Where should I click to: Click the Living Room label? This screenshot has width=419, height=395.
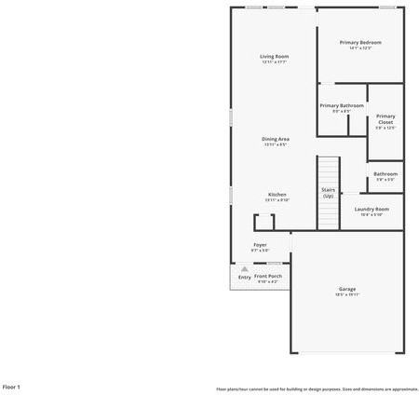pyautogui.click(x=274, y=57)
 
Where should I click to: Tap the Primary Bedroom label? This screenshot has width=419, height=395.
pyautogui.click(x=360, y=43)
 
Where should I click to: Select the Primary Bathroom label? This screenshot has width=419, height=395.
pyautogui.click(x=342, y=106)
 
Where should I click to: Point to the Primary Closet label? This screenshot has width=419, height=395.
pyautogui.click(x=385, y=119)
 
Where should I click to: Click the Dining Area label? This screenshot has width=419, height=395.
pyautogui.click(x=276, y=139)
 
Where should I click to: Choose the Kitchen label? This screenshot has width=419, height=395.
pyautogui.click(x=277, y=195)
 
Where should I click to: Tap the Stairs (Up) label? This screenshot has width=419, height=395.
pyautogui.click(x=328, y=192)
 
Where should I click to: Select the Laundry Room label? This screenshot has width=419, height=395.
pyautogui.click(x=372, y=210)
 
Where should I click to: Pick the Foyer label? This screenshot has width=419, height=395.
pyautogui.click(x=260, y=245)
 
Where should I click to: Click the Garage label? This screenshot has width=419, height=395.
pyautogui.click(x=346, y=290)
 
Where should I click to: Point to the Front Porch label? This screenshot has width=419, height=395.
pyautogui.click(x=269, y=276)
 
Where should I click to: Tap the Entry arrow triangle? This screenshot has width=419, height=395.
pyautogui.click(x=244, y=268)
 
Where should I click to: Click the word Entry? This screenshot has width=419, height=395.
pyautogui.click(x=244, y=277)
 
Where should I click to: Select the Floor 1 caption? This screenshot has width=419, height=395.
pyautogui.click(x=12, y=386)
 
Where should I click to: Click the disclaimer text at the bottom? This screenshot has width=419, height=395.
pyautogui.click(x=317, y=388)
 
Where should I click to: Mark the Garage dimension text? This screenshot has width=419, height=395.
pyautogui.click(x=346, y=296)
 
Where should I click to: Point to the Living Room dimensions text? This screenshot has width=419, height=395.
pyautogui.click(x=274, y=62)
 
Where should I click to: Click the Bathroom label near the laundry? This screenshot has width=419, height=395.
pyautogui.click(x=385, y=174)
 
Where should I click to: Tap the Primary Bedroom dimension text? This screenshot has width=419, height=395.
pyautogui.click(x=360, y=48)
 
